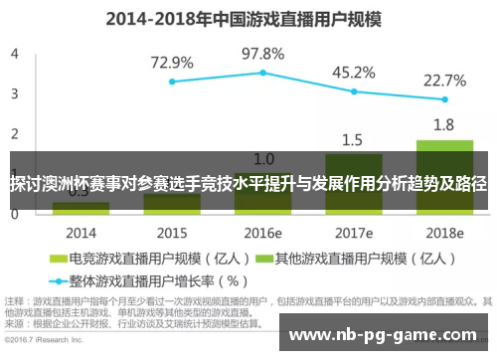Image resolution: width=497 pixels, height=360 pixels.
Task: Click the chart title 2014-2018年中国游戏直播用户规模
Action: (x=248, y=17)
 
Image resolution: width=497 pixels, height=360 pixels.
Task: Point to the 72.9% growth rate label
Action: (x=172, y=63)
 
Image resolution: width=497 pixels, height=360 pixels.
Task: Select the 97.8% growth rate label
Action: (x=263, y=53)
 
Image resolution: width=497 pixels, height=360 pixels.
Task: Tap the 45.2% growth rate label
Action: (x=353, y=72)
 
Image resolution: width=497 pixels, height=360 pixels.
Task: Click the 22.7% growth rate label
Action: (x=444, y=81)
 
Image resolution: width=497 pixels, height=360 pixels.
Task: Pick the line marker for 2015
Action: (x=172, y=82)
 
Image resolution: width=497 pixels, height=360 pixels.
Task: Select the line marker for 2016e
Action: (x=263, y=73)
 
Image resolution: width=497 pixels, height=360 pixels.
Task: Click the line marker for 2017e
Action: (x=354, y=91)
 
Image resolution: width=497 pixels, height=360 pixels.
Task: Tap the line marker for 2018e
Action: (x=444, y=100)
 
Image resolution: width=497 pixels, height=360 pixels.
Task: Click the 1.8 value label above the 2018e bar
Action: (x=444, y=124)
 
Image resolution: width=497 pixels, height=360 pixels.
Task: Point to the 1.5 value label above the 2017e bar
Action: (x=353, y=139)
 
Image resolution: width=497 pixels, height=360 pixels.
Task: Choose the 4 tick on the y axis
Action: (x=15, y=54)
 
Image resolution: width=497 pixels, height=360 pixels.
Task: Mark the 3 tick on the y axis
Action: (x=15, y=94)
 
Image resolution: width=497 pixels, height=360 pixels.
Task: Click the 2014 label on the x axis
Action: (x=81, y=231)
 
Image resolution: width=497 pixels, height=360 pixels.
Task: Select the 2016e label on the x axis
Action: (x=263, y=231)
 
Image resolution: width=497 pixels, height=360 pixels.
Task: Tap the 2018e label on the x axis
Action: (x=444, y=231)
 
